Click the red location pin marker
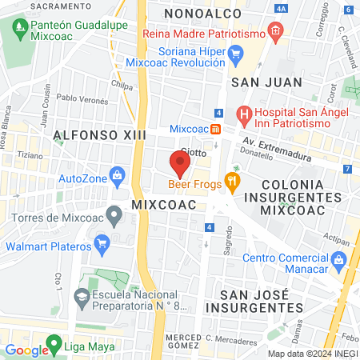click(180, 164)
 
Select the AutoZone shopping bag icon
click(117, 174)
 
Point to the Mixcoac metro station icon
click(215, 129)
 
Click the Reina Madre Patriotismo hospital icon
click(275, 33)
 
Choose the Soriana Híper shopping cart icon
click(234, 54)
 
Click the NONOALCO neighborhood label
click(198, 14)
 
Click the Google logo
click(26, 350)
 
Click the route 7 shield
click(347, 169)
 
